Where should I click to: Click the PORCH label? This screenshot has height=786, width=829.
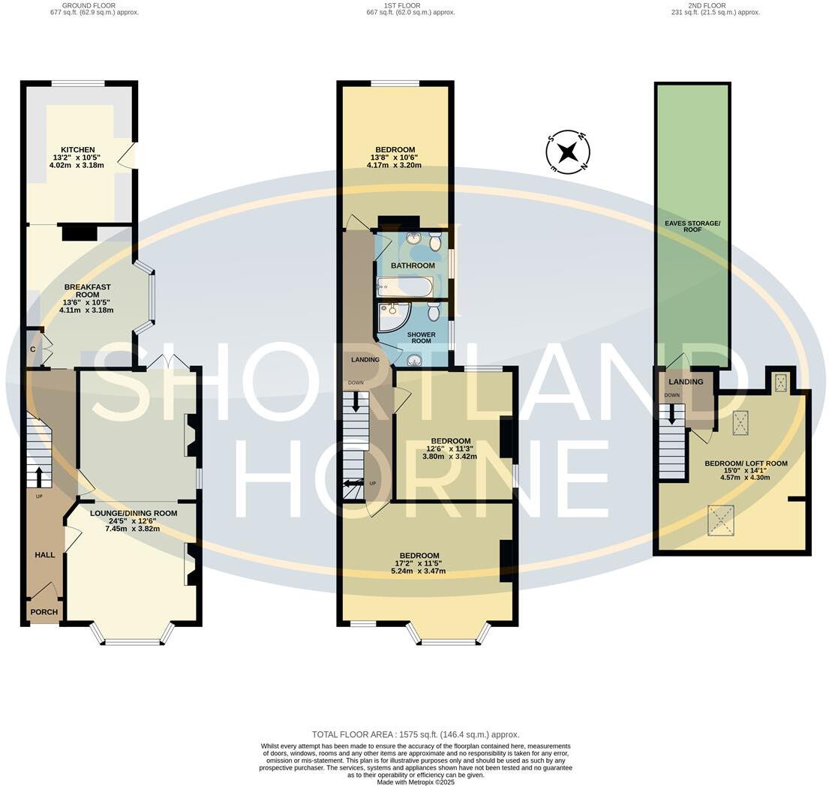point(44,612)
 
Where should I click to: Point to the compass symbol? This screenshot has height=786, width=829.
point(569,152)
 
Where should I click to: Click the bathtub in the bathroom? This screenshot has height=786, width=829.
point(404,286)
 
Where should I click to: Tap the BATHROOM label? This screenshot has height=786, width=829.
point(413,265)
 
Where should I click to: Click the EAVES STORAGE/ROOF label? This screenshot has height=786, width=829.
point(692,226)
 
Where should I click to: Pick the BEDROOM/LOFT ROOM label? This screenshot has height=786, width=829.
point(746,463)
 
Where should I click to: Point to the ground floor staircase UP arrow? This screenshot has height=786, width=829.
point(38,477)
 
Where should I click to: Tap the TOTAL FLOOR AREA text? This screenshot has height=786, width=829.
point(416,734)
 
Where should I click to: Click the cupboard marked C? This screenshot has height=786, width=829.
point(33,349)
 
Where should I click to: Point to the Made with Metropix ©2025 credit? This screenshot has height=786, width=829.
point(416,782)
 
